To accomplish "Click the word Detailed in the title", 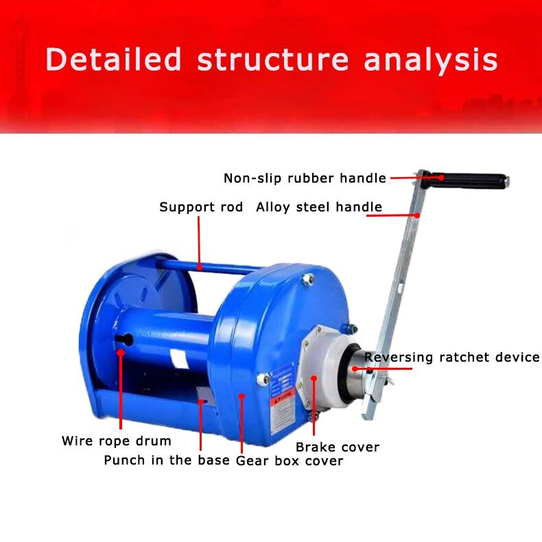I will coord(114,60).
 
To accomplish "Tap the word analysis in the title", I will coord(431,60).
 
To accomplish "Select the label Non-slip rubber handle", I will coord(305,178).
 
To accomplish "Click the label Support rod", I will coord(201,207).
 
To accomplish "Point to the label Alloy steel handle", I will coord(319,207).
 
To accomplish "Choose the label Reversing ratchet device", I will coord(452,357).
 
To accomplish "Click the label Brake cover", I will coord(338,447).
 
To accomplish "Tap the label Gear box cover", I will coord(290,461).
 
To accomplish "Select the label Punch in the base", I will coord(167,460).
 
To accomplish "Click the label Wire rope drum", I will coord(117,440).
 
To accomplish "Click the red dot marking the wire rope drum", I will coord(121,352).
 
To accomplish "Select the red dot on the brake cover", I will coord(315,378).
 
